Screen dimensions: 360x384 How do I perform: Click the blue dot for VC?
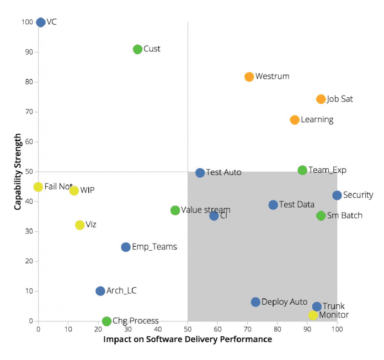click(40, 23)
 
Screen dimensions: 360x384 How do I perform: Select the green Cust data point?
click(137, 49)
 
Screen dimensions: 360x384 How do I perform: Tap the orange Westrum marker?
click(249, 77)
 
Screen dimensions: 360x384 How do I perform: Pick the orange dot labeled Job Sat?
click(321, 99)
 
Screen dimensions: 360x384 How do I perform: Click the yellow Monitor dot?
click(313, 315)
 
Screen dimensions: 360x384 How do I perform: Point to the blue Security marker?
click(337, 195)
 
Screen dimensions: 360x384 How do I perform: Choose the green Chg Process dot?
click(106, 321)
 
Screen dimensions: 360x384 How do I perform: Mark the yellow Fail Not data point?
click(38, 187)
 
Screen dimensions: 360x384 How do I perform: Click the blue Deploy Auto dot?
click(255, 302)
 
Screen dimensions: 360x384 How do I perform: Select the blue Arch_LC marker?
click(100, 291)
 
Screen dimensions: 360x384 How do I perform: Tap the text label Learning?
click(317, 120)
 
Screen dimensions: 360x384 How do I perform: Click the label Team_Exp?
click(327, 170)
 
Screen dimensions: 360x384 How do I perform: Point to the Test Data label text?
click(296, 205)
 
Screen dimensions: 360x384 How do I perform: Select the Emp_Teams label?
click(154, 247)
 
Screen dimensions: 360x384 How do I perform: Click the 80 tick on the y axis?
click(27, 82)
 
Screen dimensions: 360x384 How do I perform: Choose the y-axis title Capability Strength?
click(18, 171)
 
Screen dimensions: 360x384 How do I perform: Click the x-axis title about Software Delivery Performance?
click(188, 340)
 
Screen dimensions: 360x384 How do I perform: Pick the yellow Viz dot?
click(79, 225)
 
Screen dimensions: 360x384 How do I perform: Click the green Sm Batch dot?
click(321, 216)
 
